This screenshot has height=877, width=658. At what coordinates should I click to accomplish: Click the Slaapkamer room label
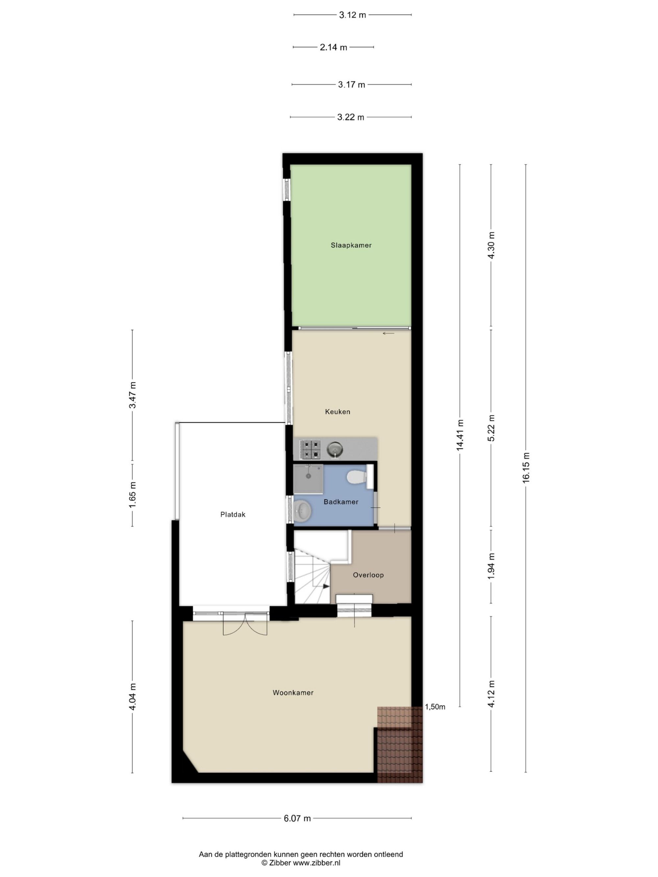[351, 245]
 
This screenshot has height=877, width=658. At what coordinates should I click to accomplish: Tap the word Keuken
[338, 412]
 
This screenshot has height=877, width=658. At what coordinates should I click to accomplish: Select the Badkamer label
[341, 501]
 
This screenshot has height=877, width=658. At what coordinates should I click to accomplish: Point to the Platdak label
[233, 514]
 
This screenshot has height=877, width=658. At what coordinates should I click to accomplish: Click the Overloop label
[368, 574]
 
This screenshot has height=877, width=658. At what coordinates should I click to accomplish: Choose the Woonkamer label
[293, 692]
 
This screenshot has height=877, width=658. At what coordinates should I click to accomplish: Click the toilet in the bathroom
[359, 476]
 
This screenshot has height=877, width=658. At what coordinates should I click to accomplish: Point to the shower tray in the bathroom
[308, 479]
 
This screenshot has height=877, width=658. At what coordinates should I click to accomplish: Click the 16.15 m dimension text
[526, 468]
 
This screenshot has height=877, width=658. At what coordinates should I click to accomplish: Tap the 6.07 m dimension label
[297, 818]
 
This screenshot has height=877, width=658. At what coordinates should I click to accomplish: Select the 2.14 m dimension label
[333, 47]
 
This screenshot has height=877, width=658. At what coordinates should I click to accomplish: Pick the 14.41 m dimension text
[460, 435]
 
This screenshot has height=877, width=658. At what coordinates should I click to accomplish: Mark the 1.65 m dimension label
[133, 495]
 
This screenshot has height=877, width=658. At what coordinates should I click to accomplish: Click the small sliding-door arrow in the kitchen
[388, 333]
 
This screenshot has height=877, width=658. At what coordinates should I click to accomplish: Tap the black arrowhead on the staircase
[326, 586]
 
